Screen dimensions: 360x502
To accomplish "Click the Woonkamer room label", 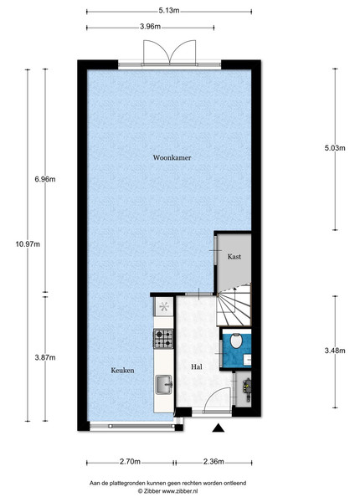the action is coord(172,157).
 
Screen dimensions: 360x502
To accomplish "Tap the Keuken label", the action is coord(122,371).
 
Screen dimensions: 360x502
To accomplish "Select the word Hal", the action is coord(197,367).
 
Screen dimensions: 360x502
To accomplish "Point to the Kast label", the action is coord(234,257).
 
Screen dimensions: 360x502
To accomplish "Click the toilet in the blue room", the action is coord(236,341).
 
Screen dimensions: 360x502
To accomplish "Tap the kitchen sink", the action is coord(164,384).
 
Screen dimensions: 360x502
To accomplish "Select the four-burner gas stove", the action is coord(163,339).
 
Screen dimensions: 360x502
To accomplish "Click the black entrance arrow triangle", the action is coord(219,428).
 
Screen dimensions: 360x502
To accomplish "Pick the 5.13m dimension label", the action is coord(169,11).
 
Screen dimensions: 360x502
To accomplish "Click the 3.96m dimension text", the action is coord(150,27).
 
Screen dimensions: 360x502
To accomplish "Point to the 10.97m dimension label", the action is coord(28,244).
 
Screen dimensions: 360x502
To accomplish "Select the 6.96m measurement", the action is coord(45,179).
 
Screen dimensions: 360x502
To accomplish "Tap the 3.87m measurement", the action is coord(45,357).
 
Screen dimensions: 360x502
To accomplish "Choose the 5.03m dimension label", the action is coord(335,148).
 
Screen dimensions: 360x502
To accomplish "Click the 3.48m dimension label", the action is coord(335,351).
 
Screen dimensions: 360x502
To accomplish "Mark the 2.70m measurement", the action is coord(130,462).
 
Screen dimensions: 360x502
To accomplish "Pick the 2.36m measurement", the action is coord(213,462).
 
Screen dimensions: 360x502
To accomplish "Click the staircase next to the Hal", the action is coord(234,305).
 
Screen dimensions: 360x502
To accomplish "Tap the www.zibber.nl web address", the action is coord(180,490).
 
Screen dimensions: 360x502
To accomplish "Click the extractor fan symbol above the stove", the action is coord(164,307).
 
